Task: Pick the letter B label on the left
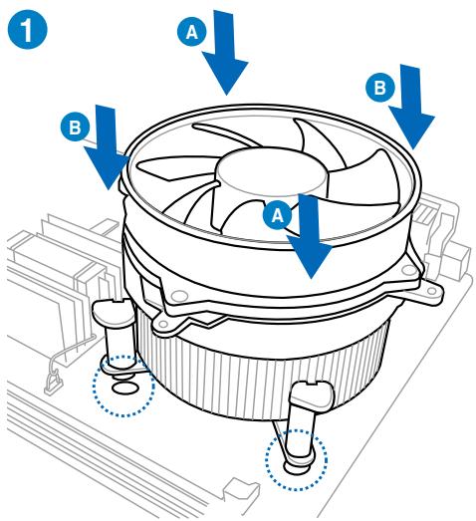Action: (x=72, y=128)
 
